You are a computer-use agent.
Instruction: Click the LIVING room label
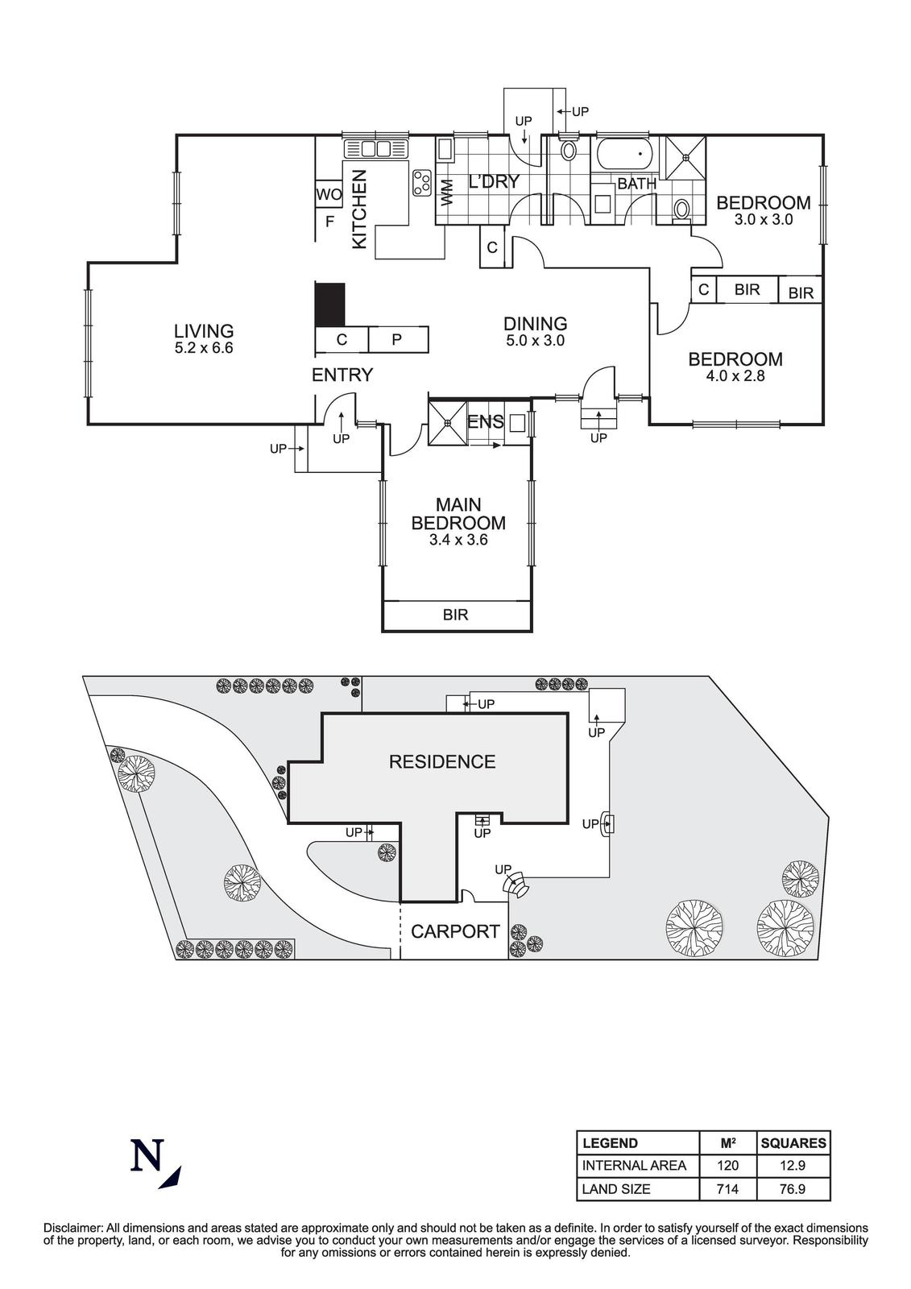click(x=204, y=330)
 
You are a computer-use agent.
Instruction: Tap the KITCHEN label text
click(x=359, y=208)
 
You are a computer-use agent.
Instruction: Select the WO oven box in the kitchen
click(x=329, y=194)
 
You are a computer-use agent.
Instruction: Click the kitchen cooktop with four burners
click(x=421, y=183)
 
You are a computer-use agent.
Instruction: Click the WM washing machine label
click(x=447, y=191)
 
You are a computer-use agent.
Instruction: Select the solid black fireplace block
click(x=329, y=304)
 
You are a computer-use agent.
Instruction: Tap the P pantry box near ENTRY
click(x=397, y=340)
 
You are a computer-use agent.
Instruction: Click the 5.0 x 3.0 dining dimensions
click(x=535, y=341)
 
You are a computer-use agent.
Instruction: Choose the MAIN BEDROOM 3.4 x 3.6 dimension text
click(x=458, y=541)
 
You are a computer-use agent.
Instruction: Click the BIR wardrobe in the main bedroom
click(x=455, y=615)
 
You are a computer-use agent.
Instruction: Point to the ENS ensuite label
click(x=486, y=421)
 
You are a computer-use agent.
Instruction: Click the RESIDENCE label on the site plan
click(x=442, y=761)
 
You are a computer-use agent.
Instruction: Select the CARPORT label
click(x=455, y=931)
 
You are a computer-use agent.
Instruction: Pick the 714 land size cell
click(x=728, y=1188)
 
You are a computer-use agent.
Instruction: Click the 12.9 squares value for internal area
click(x=793, y=1165)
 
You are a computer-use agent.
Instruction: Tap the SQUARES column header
click(x=793, y=1142)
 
